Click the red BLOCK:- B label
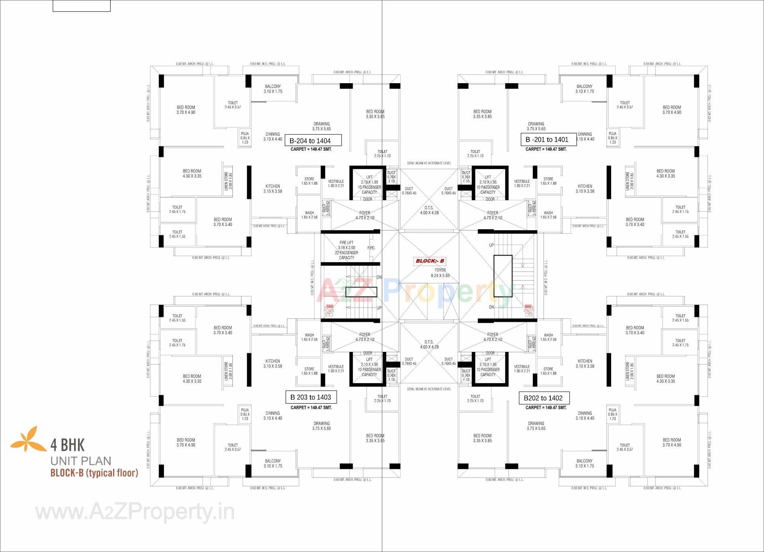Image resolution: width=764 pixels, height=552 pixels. [x=430, y=261]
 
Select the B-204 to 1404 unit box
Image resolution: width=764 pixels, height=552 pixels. [x=313, y=140]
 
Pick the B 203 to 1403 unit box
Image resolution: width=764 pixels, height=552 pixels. [x=311, y=397]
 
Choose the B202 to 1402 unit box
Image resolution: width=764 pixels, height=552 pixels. [x=544, y=398]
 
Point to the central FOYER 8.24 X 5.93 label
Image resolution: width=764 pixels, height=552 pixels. [x=440, y=273]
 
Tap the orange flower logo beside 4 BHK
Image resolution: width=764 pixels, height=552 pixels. [x=28, y=439]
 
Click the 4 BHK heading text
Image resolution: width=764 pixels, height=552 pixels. [x=68, y=445]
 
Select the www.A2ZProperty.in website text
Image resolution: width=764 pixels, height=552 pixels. [x=135, y=512]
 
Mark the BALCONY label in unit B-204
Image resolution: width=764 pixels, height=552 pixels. [x=273, y=89]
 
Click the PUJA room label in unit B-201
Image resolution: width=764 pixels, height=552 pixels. [x=612, y=138]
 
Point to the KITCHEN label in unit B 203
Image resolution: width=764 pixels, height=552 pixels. [x=273, y=364]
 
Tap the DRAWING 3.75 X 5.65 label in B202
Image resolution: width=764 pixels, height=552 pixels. [x=536, y=426]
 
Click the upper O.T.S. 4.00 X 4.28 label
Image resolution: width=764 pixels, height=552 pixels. [x=429, y=210]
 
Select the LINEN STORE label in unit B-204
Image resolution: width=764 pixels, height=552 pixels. [x=228, y=181]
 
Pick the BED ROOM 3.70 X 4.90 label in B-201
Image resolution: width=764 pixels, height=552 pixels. [x=672, y=110]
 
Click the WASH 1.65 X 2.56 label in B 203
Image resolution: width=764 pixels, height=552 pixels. [x=309, y=337]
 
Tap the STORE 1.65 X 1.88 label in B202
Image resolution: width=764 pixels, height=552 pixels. [x=548, y=371]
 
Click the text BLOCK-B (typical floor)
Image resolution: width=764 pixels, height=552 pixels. [x=94, y=473]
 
